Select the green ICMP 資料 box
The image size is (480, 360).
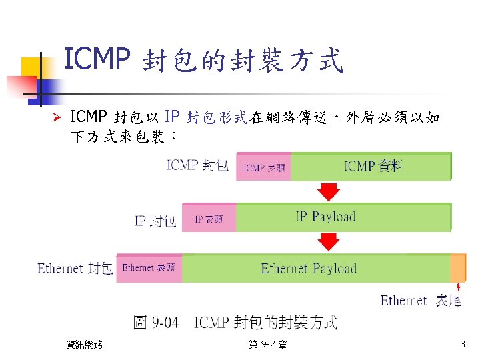pos(371,166)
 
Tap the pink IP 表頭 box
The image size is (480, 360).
pos(209,218)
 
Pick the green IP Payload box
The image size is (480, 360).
pos(343,217)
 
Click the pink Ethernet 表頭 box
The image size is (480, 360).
pos(149,268)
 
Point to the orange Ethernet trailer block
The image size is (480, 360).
pos(458,268)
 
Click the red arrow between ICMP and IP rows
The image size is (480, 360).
pos(328,191)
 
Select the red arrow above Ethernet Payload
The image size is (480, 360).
pos(328,241)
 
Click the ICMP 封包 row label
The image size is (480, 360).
pos(198,165)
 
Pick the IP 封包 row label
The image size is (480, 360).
pos(155,221)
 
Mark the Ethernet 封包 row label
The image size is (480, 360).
pos(75,269)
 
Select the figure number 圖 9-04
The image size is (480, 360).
pos(156,323)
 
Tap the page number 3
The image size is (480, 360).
pos(463,345)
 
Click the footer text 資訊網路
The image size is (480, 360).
pos(85,345)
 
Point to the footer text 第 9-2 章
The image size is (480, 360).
pos(267,345)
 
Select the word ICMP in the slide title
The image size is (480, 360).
pos(95,60)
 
